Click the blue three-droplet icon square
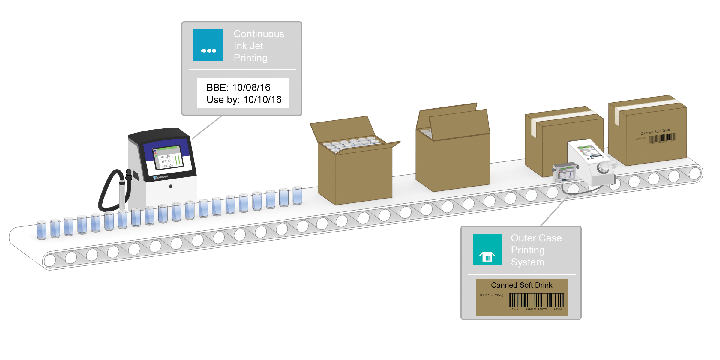pyautogui.click(x=208, y=45)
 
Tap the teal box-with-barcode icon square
pyautogui.click(x=487, y=250)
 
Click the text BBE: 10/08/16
pyautogui.click(x=238, y=87)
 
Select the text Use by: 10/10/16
pyautogui.click(x=244, y=100)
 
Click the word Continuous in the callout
pyautogui.click(x=259, y=34)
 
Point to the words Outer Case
pyautogui.click(x=536, y=238)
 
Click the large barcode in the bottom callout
pyautogui.click(x=536, y=300)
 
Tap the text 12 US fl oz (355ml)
pyautogui.click(x=491, y=295)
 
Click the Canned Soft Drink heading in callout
pyautogui.click(x=521, y=285)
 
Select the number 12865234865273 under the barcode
pyautogui.click(x=536, y=310)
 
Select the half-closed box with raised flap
pyautogui.click(x=453, y=150)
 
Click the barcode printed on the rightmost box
pyautogui.click(x=662, y=138)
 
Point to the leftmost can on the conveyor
pyautogui.click(x=42, y=230)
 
